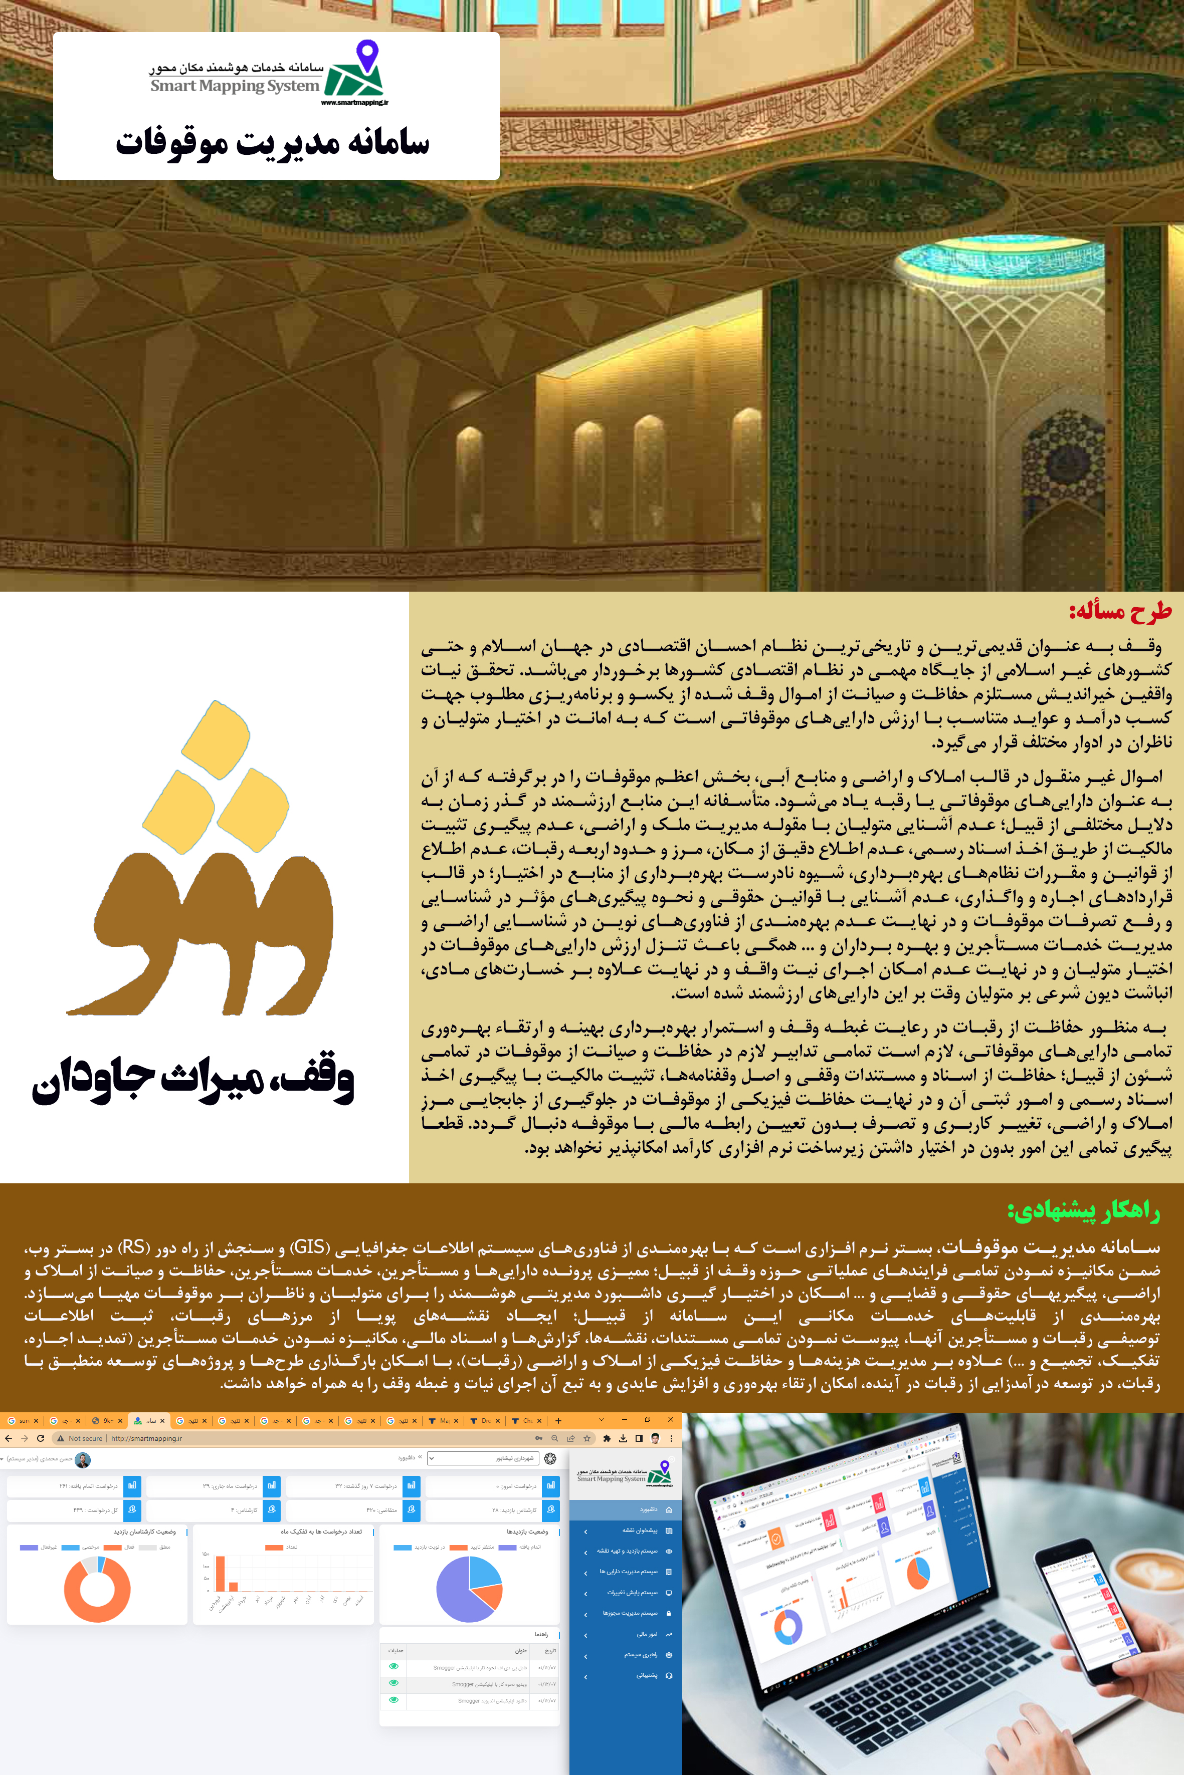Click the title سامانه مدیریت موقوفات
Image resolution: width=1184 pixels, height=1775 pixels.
(273, 142)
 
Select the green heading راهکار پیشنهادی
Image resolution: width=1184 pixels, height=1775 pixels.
(1084, 1210)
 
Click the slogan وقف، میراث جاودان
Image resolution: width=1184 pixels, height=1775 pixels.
(193, 1079)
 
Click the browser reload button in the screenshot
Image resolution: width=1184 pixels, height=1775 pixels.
(40, 1438)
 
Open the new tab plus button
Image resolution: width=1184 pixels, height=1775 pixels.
(558, 1420)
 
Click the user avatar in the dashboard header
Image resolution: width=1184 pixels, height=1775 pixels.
(83, 1459)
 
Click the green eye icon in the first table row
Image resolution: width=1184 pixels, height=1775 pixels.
(393, 1666)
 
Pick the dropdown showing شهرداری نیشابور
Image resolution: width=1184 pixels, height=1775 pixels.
(483, 1459)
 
